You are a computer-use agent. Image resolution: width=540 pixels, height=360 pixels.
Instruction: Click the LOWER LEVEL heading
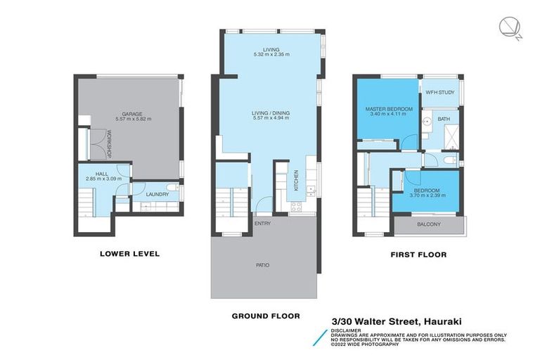tap(131, 254)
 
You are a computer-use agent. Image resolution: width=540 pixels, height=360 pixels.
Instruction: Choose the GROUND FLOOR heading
tap(266, 316)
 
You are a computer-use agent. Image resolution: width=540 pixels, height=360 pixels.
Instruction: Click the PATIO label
tap(262, 265)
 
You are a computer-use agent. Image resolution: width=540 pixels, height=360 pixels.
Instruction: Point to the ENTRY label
tap(262, 224)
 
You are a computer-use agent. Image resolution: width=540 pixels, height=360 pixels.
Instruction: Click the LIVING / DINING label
tap(271, 112)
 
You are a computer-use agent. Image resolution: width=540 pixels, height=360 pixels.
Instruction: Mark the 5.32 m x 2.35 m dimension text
tap(271, 55)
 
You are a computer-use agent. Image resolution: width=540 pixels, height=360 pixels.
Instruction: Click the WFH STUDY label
tap(441, 92)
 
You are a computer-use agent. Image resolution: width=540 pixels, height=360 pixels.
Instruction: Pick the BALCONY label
tap(428, 224)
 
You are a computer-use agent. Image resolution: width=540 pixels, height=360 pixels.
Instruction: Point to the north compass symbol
tap(509, 27)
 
